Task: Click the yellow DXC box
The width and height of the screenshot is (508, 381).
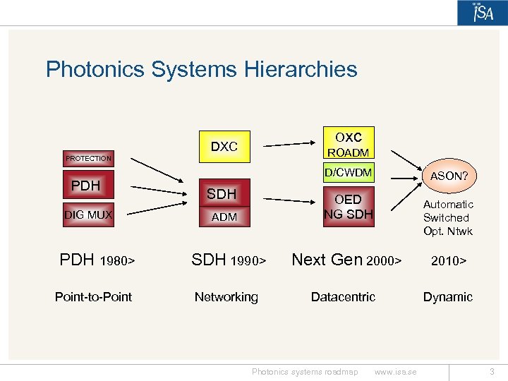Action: click(224, 147)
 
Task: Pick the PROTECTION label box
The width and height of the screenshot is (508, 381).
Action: click(88, 159)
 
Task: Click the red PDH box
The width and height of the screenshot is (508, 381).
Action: click(86, 186)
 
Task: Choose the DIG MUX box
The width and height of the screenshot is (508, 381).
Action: click(88, 214)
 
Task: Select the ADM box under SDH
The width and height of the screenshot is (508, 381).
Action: click(224, 217)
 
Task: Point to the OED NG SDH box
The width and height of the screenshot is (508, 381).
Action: click(348, 207)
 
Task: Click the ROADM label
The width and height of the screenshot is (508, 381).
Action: click(348, 152)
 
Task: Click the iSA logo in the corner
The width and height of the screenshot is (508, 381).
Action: click(483, 13)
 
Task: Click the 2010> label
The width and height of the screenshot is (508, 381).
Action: click(448, 261)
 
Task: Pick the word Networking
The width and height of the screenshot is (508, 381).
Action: click(226, 297)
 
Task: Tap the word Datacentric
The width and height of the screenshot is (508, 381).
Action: click(343, 297)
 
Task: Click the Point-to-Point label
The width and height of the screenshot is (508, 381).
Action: click(93, 297)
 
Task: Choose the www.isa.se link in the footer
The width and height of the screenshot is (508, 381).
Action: click(395, 372)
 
